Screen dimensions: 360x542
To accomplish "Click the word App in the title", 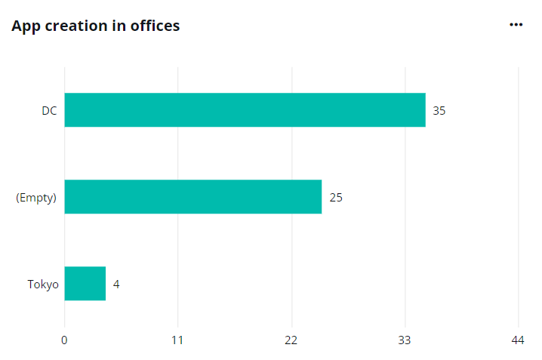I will tap(25, 26).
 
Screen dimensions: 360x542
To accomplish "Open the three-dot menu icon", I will tap(516, 25).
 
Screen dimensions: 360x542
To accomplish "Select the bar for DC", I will tap(245, 110).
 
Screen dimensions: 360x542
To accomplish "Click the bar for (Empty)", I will tap(192, 197).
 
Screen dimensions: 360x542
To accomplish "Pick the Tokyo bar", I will tap(85, 284).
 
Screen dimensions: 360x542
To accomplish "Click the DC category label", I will tap(49, 111).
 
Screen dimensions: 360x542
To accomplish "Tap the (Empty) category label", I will tap(36, 198).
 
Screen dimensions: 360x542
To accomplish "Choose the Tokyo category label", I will tap(43, 285).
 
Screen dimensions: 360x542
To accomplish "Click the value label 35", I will tap(439, 111).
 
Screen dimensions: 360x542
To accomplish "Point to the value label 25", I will tap(336, 198).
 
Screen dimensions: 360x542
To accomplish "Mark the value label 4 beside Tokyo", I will tap(116, 285).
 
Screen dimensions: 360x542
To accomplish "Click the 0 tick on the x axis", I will tap(64, 340).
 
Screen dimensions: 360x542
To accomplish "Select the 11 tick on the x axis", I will tap(177, 340).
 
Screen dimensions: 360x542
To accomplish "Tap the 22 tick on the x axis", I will tap(291, 340).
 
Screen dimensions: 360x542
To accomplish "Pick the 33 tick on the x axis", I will tap(405, 340).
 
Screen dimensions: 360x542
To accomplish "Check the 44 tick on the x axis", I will tap(518, 340).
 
